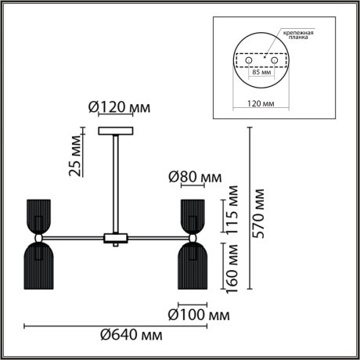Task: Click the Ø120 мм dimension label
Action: (x=118, y=107)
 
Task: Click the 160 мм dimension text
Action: (x=232, y=267)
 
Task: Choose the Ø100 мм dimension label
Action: (x=200, y=316)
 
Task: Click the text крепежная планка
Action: (x=299, y=35)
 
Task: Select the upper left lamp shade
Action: (x=37, y=215)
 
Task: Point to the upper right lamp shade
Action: (x=192, y=215)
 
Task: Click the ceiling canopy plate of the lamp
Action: (x=115, y=130)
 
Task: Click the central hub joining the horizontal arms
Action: (x=115, y=236)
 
